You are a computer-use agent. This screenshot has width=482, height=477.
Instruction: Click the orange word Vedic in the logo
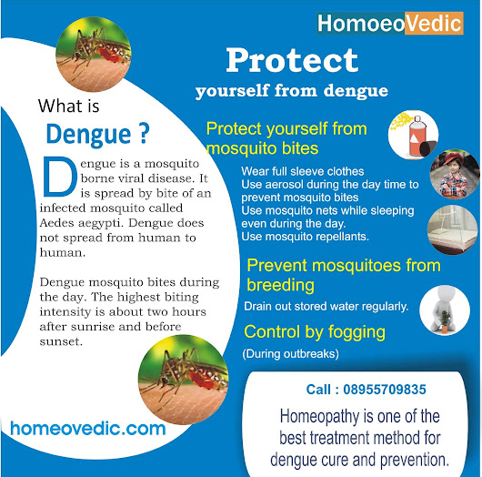click(x=434, y=24)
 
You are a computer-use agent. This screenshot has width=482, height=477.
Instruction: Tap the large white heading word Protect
click(x=292, y=60)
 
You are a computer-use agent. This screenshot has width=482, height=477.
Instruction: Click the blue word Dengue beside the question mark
click(x=89, y=134)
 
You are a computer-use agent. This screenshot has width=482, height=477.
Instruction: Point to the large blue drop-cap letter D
click(x=59, y=177)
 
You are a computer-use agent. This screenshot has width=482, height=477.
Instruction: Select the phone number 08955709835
click(x=385, y=390)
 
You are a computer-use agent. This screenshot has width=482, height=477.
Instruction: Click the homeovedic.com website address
click(x=88, y=429)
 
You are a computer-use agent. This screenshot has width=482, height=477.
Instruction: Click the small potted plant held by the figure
click(x=445, y=321)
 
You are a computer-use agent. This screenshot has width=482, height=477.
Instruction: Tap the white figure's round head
click(x=444, y=296)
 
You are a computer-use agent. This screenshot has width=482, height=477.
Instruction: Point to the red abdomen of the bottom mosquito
click(x=200, y=379)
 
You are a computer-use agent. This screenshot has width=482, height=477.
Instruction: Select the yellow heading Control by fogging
click(x=315, y=331)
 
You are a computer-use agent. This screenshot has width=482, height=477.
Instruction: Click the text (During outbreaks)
click(x=290, y=353)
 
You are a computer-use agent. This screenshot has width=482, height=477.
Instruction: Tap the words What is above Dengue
click(x=68, y=106)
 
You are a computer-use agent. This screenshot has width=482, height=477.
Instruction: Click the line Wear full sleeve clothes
click(x=303, y=171)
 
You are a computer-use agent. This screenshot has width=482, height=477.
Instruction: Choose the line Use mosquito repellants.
click(x=305, y=237)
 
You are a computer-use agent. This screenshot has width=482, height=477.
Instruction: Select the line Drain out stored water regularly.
click(x=326, y=306)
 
